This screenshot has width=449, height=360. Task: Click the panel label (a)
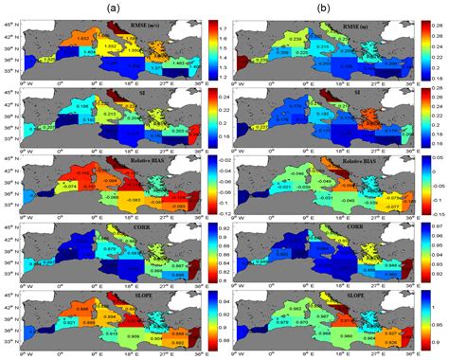tap(111, 8)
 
